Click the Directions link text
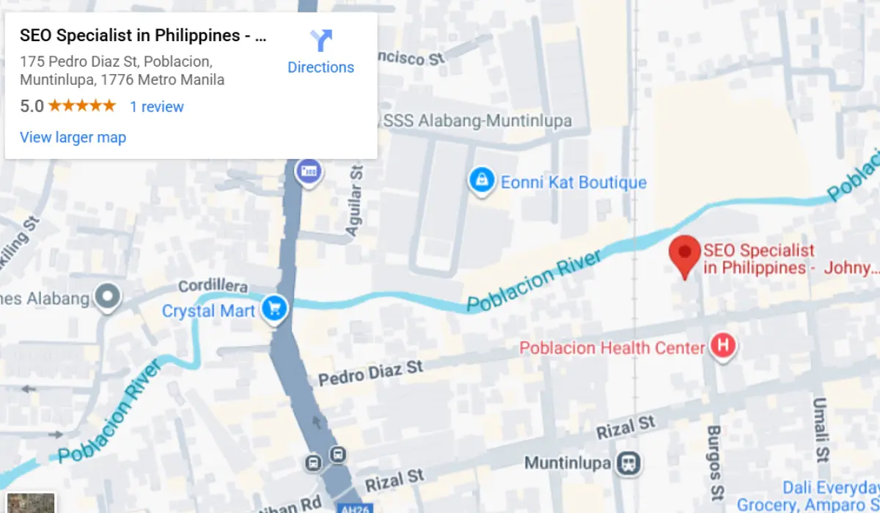pyautogui.click(x=320, y=67)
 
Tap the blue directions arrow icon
pyautogui.click(x=320, y=40)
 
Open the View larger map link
pyautogui.click(x=73, y=138)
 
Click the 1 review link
pyautogui.click(x=157, y=107)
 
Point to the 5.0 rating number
pyautogui.click(x=32, y=106)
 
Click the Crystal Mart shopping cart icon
pyautogui.click(x=275, y=309)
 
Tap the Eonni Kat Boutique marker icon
pyautogui.click(x=481, y=180)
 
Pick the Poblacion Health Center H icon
pyautogui.click(x=723, y=347)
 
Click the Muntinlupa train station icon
pyautogui.click(x=628, y=463)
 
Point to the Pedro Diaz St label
pyautogui.click(x=370, y=372)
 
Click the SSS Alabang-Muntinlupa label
pyautogui.click(x=477, y=121)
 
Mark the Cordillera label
pyautogui.click(x=213, y=287)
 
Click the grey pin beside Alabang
pyautogui.click(x=109, y=297)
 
